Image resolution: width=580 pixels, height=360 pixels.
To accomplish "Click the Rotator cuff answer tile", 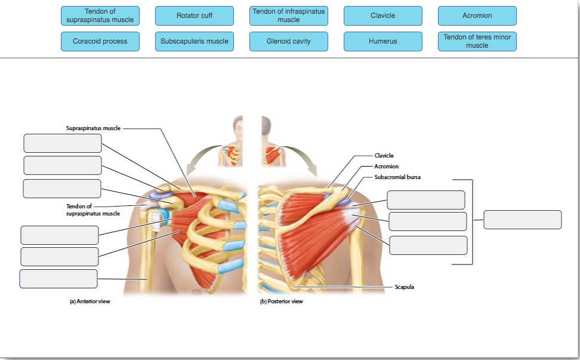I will point(195,16).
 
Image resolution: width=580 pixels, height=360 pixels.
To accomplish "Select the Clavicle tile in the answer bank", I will point(382,16).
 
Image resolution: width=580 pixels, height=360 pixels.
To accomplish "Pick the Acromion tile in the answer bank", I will point(477,16).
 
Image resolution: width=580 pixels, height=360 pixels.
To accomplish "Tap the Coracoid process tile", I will point(100,41).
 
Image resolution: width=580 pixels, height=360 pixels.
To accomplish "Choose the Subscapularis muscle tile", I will point(195,41).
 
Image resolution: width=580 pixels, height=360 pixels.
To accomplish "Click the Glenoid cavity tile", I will point(288,41).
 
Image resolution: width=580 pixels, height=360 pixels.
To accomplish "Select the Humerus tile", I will point(382,41).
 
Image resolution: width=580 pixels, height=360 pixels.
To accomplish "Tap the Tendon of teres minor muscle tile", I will point(477,41).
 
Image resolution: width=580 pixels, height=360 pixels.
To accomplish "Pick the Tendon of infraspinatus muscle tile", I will point(288,16).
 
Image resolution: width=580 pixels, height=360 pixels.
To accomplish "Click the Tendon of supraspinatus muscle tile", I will point(100,16).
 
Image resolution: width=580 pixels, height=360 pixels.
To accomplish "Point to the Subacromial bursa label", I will point(397,177).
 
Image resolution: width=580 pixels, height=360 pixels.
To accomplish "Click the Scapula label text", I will point(404,287).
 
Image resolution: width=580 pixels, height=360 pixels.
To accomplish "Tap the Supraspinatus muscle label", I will point(93,128).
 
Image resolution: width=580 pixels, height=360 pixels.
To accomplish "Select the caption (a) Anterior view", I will point(90,301).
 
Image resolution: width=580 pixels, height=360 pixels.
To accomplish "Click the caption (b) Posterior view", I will point(282,301).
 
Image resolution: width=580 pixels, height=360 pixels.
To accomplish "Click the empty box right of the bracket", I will point(522,220).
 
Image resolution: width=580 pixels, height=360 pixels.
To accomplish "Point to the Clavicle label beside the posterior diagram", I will point(384,155).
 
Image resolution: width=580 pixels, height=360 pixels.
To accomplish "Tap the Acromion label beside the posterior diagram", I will point(386,166).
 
